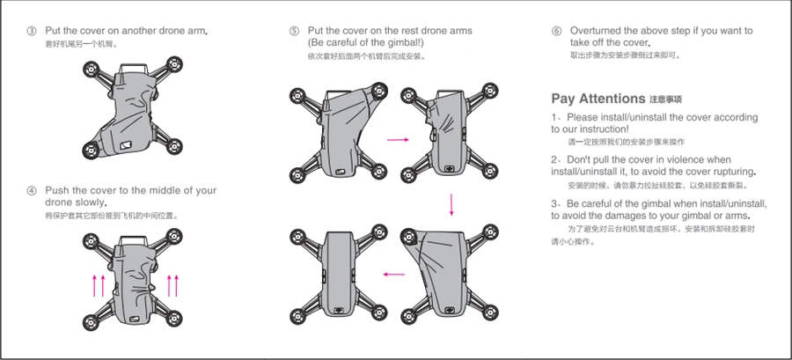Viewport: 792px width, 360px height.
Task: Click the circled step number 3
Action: click(x=32, y=32)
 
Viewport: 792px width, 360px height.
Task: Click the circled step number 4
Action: click(x=32, y=191)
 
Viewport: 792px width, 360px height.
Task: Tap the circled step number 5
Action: click(x=294, y=32)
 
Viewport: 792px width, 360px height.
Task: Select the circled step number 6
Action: click(x=557, y=32)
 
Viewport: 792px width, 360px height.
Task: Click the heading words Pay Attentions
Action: click(x=598, y=99)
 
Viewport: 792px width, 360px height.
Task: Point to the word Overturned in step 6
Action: click(x=596, y=32)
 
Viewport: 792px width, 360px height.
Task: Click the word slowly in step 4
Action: click(x=90, y=203)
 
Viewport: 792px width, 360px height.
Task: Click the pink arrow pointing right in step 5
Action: click(x=398, y=139)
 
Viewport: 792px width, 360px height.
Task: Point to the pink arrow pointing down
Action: click(x=451, y=204)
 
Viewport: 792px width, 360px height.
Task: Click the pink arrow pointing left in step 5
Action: click(x=394, y=274)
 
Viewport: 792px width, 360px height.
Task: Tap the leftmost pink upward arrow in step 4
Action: click(x=94, y=285)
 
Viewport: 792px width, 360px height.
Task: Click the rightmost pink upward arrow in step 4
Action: click(x=177, y=285)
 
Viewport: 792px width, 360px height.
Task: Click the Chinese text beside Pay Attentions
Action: click(x=666, y=99)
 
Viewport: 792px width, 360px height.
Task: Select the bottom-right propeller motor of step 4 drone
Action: click(x=174, y=320)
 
